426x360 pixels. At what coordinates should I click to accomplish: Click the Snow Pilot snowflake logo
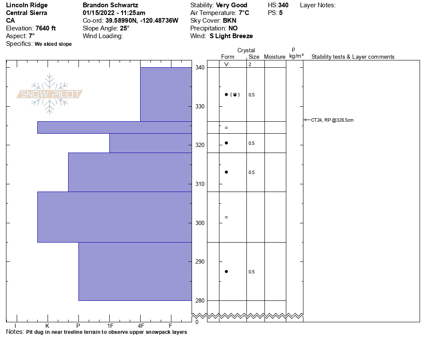pyautogui.click(x=50, y=94)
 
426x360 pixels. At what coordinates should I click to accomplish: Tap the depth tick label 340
pyautogui.click(x=200, y=68)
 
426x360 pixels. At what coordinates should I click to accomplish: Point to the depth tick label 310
pyautogui.click(x=200, y=184)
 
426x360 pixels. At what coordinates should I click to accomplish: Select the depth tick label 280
pyautogui.click(x=200, y=301)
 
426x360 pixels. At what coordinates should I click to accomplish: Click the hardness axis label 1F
pyautogui.click(x=110, y=326)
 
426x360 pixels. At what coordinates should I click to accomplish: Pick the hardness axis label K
pyautogui.click(x=47, y=326)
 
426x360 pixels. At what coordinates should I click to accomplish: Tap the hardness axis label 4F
pyautogui.click(x=140, y=326)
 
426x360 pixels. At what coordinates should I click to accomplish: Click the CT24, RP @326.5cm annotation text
pyautogui.click(x=332, y=120)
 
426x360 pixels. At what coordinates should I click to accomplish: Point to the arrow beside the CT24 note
pyautogui.click(x=307, y=120)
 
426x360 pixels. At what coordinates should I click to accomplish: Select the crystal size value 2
pyautogui.click(x=249, y=64)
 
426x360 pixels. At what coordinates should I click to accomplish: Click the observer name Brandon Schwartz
pyautogui.click(x=110, y=5)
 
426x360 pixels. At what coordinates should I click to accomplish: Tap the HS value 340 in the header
pyautogui.click(x=283, y=5)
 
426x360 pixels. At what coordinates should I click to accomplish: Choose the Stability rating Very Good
pyautogui.click(x=231, y=5)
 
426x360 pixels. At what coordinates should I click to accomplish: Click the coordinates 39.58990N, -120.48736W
pyautogui.click(x=142, y=21)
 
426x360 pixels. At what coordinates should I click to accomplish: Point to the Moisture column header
pyautogui.click(x=275, y=57)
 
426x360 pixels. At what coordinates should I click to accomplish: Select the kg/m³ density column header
pyautogui.click(x=296, y=56)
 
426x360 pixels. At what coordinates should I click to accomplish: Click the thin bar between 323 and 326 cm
pyautogui.click(x=114, y=128)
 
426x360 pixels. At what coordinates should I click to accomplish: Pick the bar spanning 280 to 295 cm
pyautogui.click(x=135, y=271)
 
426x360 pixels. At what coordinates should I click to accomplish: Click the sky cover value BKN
pyautogui.click(x=229, y=21)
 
